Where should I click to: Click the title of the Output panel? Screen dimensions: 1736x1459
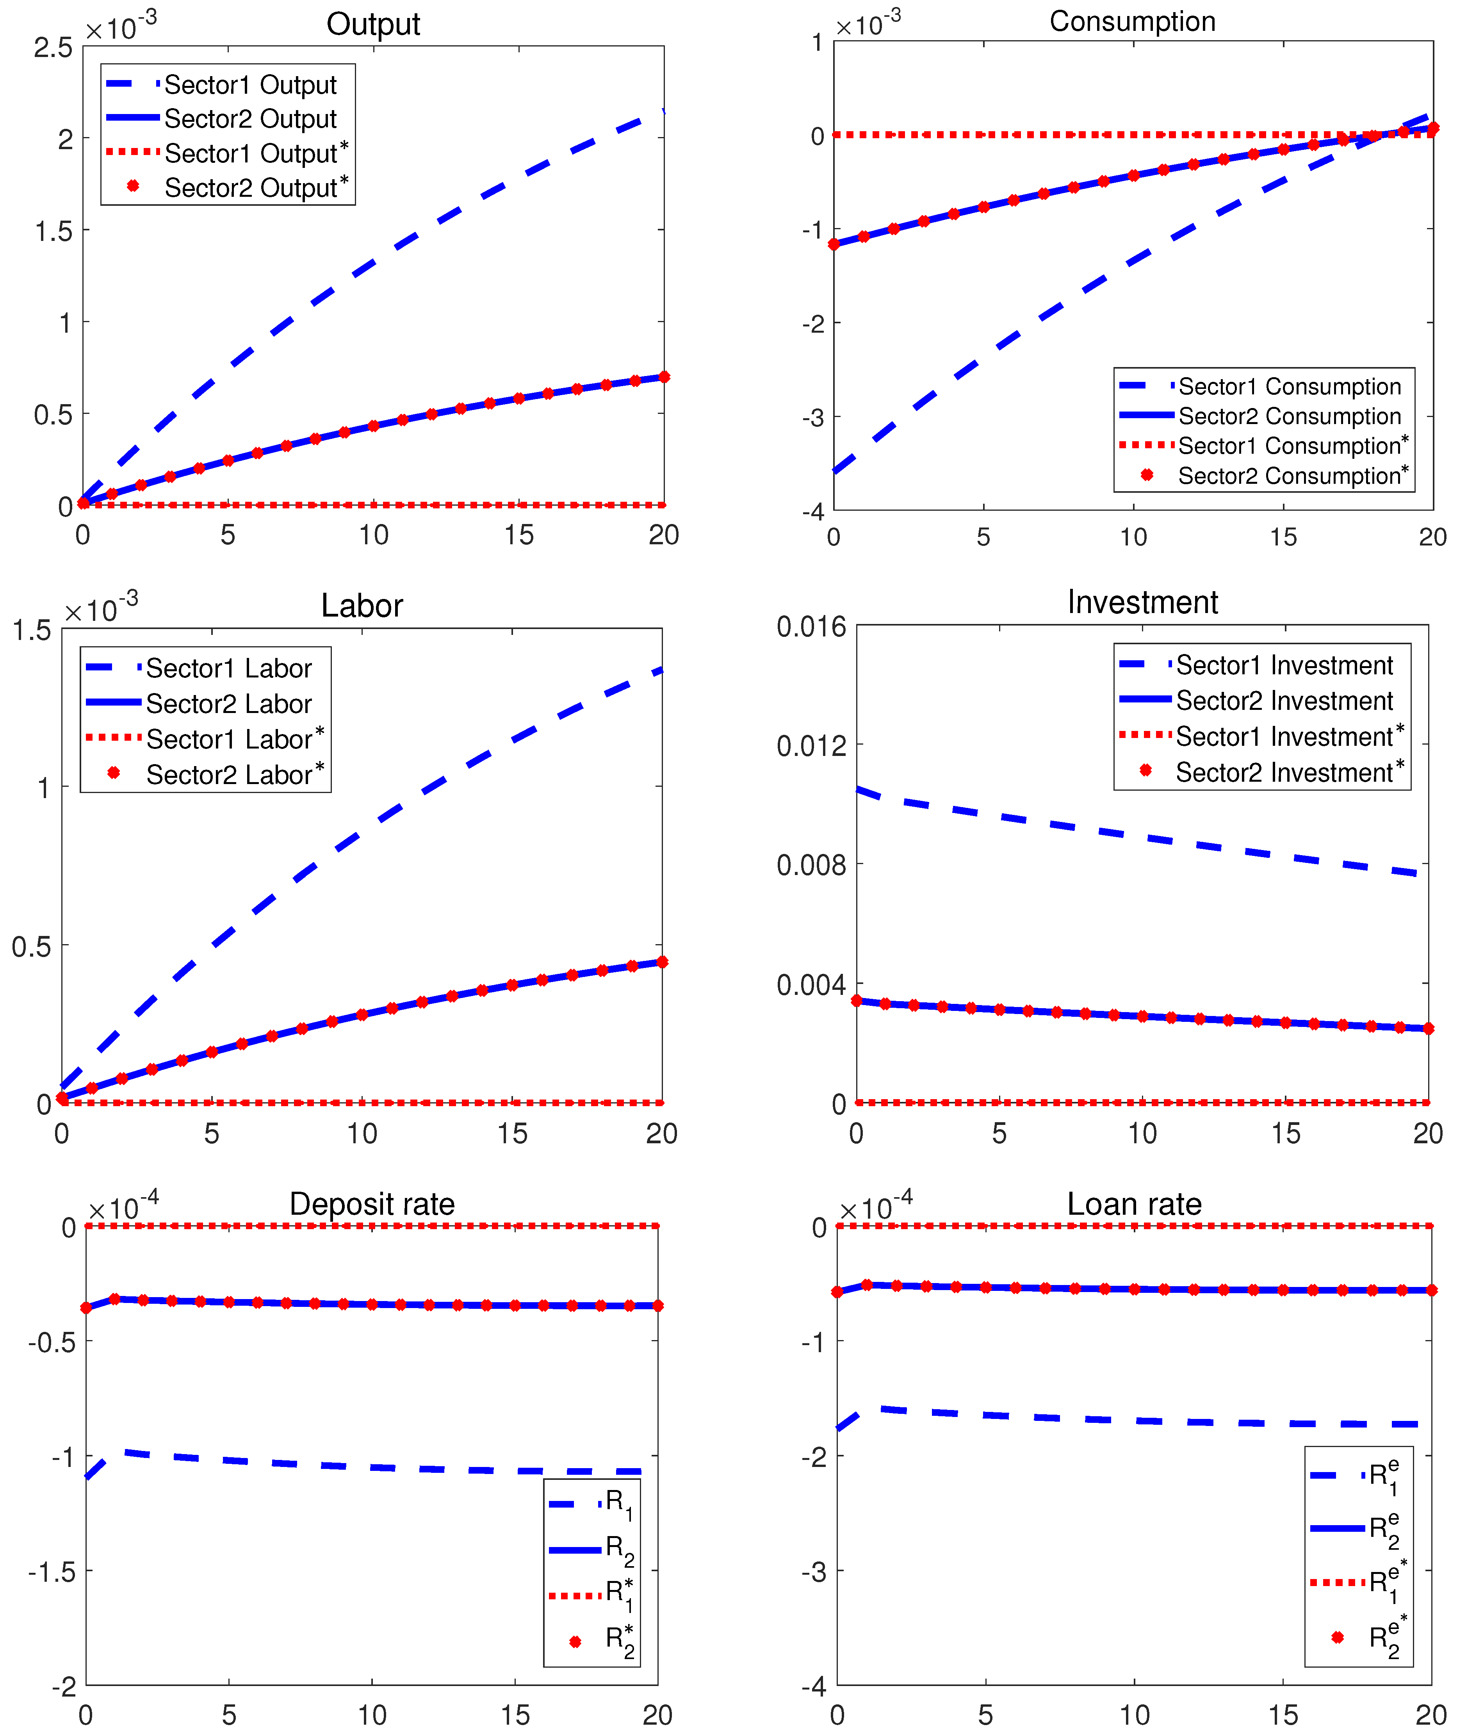click(373, 24)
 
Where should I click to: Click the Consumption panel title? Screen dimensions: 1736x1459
click(1132, 21)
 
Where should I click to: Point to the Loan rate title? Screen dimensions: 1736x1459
click(1134, 1204)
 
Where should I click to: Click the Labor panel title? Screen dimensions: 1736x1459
click(362, 606)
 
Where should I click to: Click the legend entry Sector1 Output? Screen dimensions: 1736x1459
click(250, 85)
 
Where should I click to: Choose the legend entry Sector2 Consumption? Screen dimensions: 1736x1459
click(1289, 416)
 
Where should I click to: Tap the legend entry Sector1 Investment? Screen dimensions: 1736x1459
click(1284, 665)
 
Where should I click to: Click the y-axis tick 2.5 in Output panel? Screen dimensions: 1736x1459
click(53, 48)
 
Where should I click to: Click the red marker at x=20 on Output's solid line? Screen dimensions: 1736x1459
click(663, 377)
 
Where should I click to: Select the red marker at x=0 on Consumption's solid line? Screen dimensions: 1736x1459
click(834, 244)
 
